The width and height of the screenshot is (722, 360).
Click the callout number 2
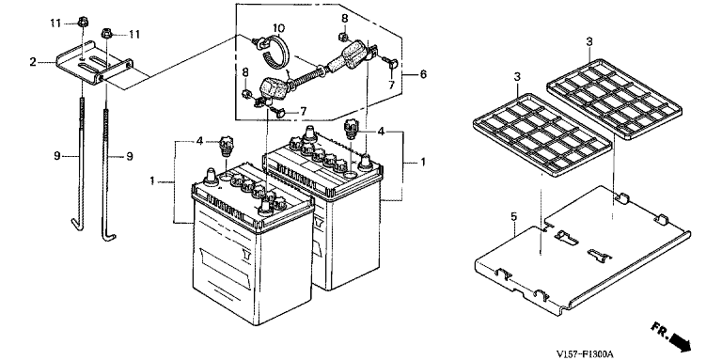pyautogui.click(x=33, y=62)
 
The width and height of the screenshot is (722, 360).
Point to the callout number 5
pyautogui.click(x=514, y=216)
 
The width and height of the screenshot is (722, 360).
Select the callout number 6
pyautogui.click(x=423, y=73)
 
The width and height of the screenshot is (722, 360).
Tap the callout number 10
pyautogui.click(x=278, y=26)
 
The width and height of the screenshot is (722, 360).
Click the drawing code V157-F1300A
pyautogui.click(x=585, y=353)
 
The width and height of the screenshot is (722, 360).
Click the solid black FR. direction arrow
pyautogui.click(x=681, y=341)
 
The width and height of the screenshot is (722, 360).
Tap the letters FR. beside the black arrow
pyautogui.click(x=660, y=330)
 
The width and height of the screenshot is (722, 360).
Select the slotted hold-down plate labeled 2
pyautogui.click(x=94, y=68)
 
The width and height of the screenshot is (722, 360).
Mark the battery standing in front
pyautogui.click(x=252, y=245)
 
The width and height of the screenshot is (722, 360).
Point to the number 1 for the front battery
pyautogui.click(x=152, y=180)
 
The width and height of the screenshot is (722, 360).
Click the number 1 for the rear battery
pyautogui.click(x=423, y=162)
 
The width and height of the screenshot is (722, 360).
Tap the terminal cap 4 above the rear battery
pyautogui.click(x=352, y=126)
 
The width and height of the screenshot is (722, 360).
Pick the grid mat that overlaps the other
pyautogui.click(x=543, y=133)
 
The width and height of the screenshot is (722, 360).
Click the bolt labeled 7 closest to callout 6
pyautogui.click(x=391, y=65)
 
